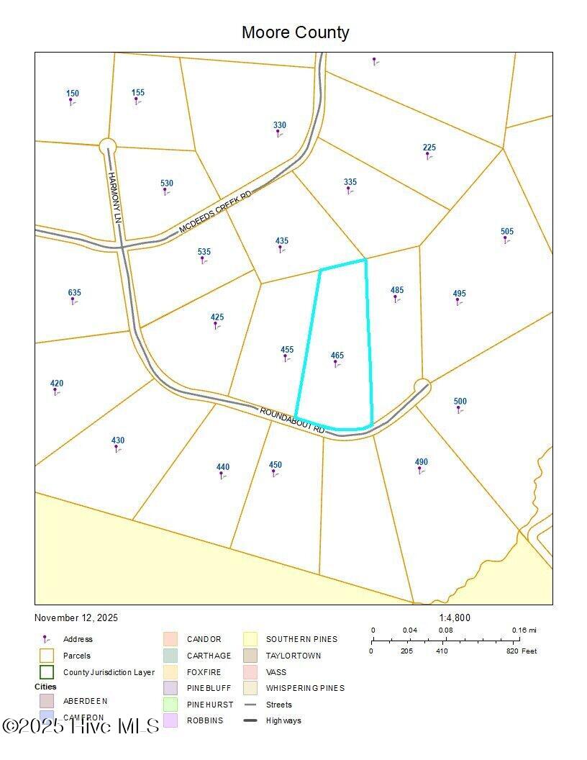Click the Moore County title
click(x=295, y=32)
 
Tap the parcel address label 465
click(x=337, y=356)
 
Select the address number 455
click(x=287, y=350)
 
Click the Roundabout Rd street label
click(x=292, y=420)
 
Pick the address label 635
click(x=75, y=293)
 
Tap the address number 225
click(x=429, y=148)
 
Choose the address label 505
click(x=507, y=232)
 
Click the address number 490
click(x=422, y=462)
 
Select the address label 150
click(x=73, y=94)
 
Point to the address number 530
click(x=167, y=184)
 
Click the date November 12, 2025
click(x=76, y=617)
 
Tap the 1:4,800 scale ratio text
click(x=455, y=617)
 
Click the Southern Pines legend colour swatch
click(x=250, y=639)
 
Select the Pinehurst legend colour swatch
click(x=170, y=705)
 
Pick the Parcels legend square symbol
click(x=47, y=656)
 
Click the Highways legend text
click(x=283, y=720)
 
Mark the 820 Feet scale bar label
click(x=521, y=651)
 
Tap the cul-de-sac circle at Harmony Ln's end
click(x=107, y=145)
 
